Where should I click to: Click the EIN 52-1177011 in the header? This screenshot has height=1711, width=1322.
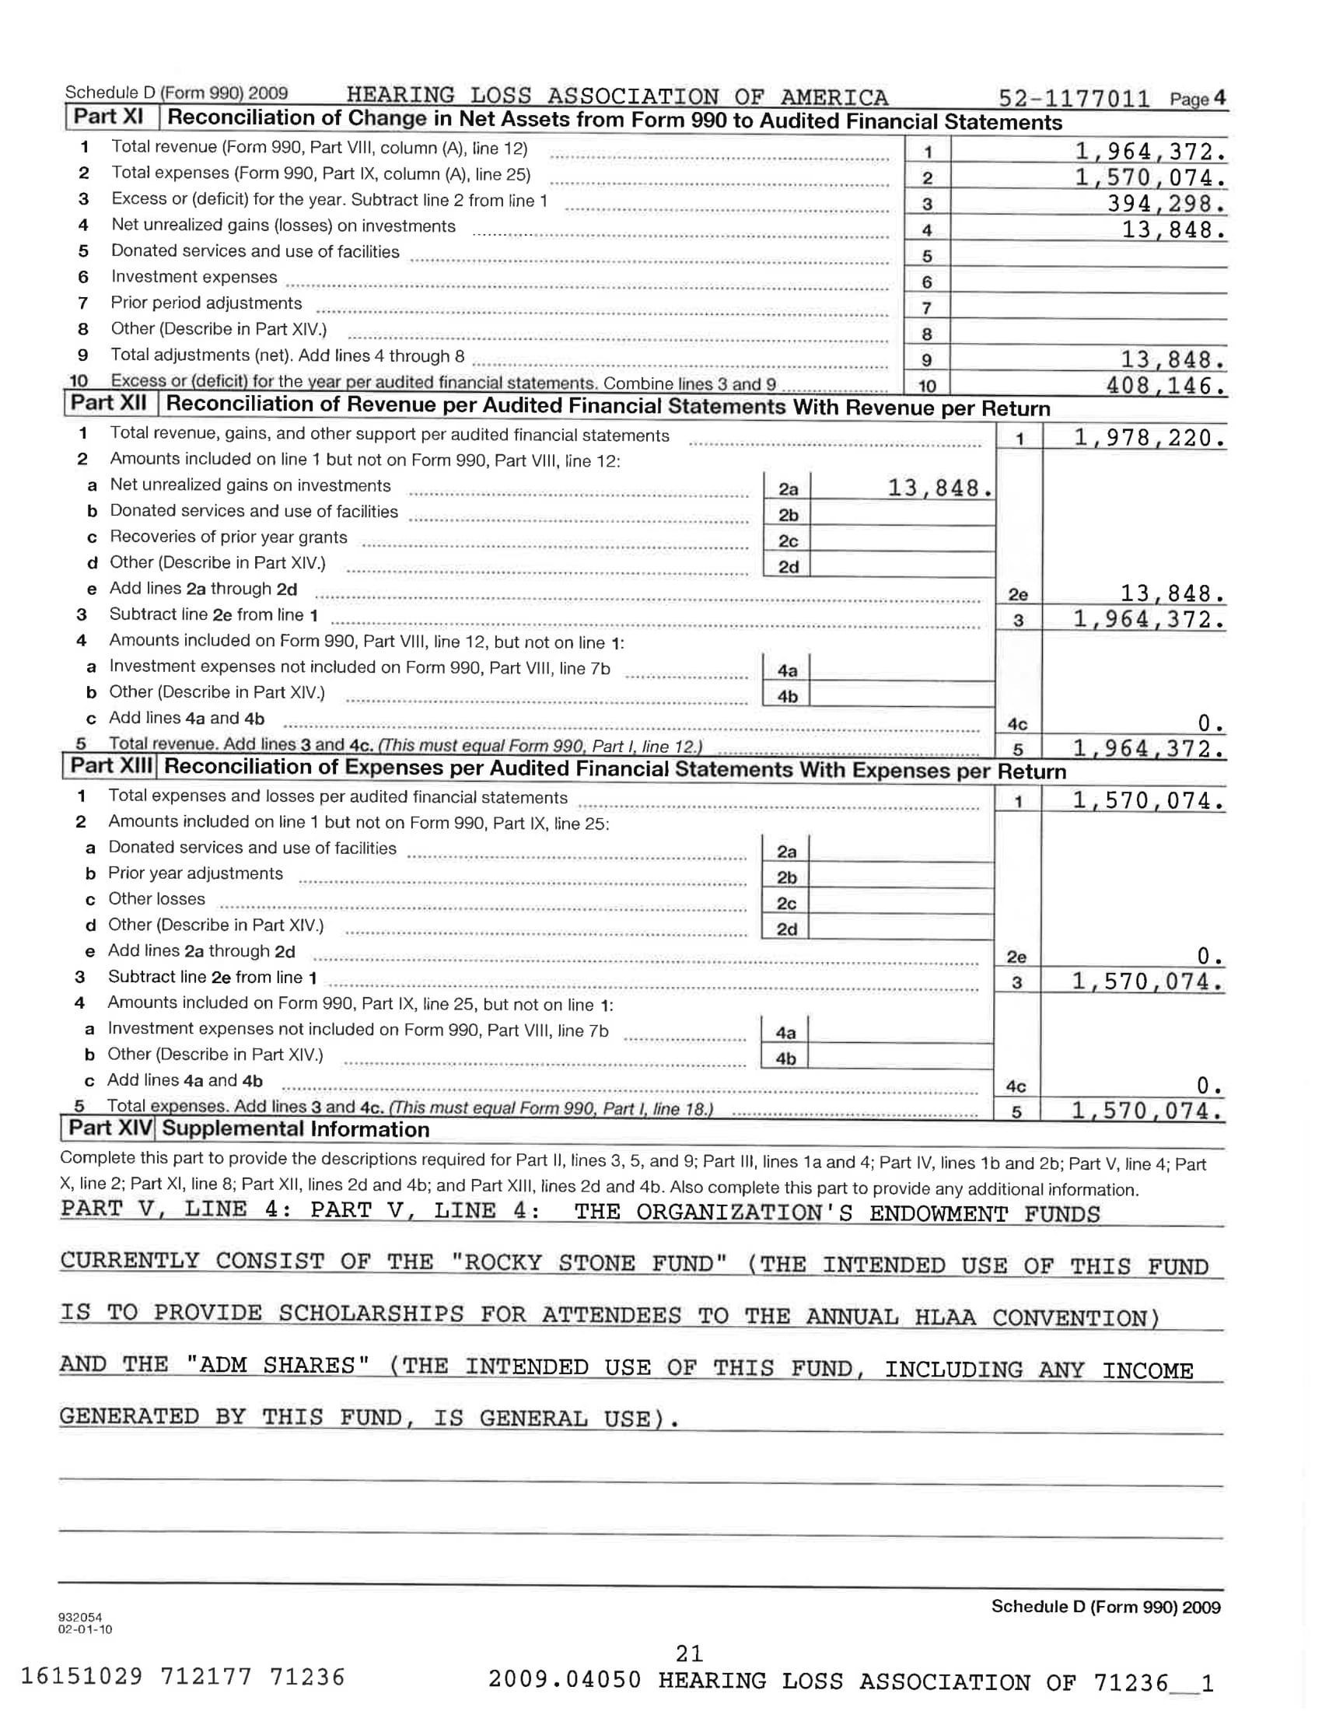click(1074, 99)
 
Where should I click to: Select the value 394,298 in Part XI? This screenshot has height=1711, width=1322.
click(1166, 204)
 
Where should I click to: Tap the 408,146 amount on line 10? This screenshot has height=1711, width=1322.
click(1165, 386)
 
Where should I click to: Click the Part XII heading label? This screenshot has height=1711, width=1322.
click(109, 404)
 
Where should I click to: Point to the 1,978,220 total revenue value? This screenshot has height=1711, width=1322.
click(1148, 438)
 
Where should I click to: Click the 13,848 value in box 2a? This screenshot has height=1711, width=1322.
click(939, 489)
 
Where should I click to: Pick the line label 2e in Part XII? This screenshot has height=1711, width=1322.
click(1017, 595)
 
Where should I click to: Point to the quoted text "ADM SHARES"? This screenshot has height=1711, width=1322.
click(278, 1365)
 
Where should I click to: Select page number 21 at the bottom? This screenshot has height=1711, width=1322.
click(689, 1653)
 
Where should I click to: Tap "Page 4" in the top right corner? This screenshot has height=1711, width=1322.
click(1197, 99)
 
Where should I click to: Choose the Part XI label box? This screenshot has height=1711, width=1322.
click(109, 117)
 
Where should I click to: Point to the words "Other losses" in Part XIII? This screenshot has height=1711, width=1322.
click(156, 898)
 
